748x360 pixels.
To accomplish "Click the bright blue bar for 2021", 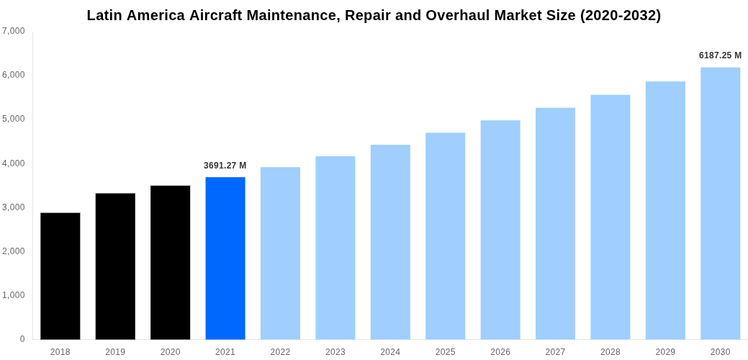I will point(225,258).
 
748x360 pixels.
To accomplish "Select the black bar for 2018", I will point(60,276).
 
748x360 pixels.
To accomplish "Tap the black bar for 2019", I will point(115,266).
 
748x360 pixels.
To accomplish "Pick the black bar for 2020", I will point(171,262).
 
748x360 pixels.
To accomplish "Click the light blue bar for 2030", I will point(720,203).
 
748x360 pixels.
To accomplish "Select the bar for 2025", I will point(445,235).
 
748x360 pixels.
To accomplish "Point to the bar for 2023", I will point(335,248).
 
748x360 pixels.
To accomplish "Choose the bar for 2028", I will point(610,217).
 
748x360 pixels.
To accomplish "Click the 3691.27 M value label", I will point(225,166).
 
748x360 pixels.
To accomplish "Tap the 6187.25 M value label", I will point(720,55).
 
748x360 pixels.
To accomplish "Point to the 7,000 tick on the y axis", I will point(14,31).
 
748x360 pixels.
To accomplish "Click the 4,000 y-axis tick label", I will point(14,163).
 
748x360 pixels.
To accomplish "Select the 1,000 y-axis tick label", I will point(14,295).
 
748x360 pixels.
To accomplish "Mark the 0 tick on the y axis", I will point(22,339).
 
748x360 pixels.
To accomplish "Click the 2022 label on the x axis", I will point(280,352).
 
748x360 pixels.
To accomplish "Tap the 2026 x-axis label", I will point(500,352).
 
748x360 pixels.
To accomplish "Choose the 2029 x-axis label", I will point(665,352).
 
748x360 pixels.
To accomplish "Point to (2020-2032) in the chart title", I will point(621,15).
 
